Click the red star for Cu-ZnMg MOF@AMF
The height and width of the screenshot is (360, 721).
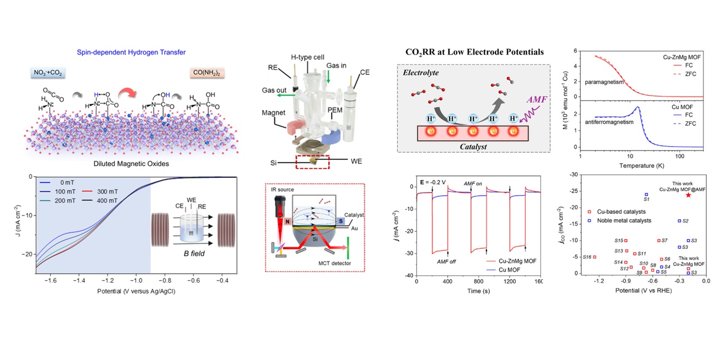point(688,195)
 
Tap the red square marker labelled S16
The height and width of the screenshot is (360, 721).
point(594,257)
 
